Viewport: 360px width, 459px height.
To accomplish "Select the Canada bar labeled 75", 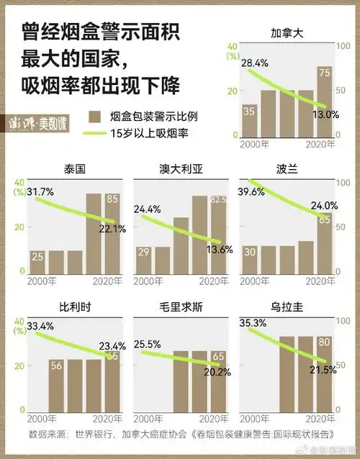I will point(325,101).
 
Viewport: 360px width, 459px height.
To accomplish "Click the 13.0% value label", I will point(325,114).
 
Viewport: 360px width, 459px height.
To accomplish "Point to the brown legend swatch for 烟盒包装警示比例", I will point(94,116).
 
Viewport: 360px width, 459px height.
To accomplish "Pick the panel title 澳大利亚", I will point(180,170).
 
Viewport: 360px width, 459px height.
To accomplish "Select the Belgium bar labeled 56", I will point(57,385).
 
